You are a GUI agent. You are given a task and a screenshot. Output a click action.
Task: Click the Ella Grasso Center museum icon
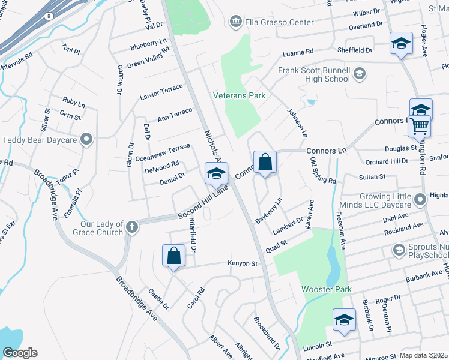click(235, 22)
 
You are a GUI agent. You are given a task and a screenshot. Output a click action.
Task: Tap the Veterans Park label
click(240, 95)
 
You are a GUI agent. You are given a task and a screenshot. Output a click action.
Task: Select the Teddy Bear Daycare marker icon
click(87, 140)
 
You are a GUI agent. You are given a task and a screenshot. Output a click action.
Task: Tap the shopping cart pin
click(420, 127)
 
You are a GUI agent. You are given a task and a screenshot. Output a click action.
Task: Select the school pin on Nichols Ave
click(216, 174)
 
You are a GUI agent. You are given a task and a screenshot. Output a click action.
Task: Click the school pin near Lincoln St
click(344, 320)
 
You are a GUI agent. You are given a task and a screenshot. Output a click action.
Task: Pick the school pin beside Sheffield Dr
click(401, 44)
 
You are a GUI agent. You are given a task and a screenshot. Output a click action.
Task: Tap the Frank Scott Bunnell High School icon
click(360, 74)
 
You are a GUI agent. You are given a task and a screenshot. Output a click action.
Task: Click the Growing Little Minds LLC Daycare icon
click(420, 199)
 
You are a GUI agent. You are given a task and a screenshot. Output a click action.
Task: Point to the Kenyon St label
click(242, 263)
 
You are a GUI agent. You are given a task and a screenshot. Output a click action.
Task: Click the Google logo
click(20, 352)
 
